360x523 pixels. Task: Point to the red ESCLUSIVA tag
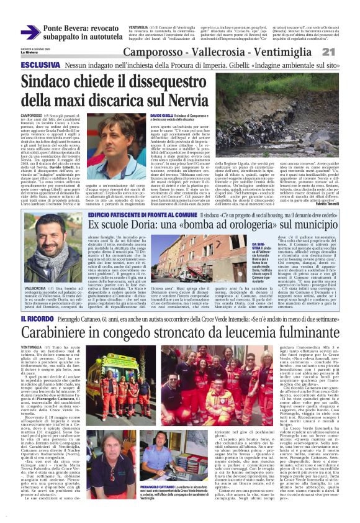coord(40,65)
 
